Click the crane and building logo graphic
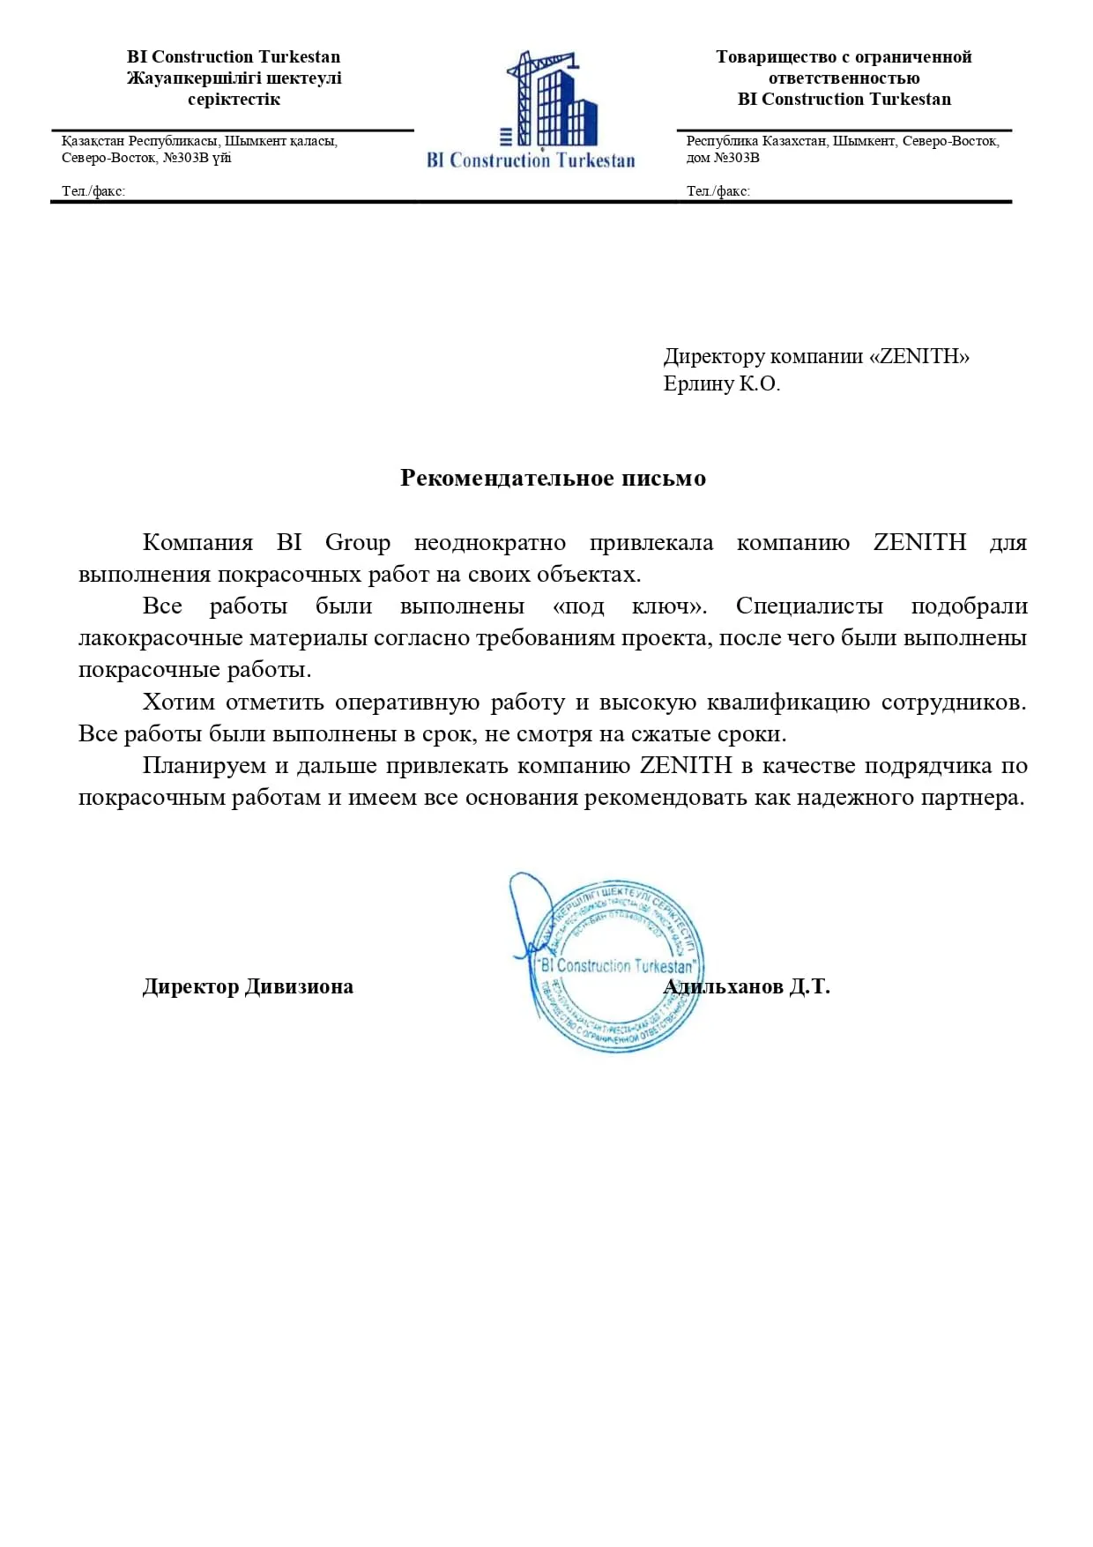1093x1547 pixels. pos(552,100)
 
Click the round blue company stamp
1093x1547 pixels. pos(617,965)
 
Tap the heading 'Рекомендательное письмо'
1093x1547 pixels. pos(553,478)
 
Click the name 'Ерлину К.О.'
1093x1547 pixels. pos(722,383)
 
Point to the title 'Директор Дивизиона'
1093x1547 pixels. pos(248,986)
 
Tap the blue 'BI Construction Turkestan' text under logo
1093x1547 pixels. pos(531,160)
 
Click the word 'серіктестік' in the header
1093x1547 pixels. pos(234,99)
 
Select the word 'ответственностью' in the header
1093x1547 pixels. pos(844,78)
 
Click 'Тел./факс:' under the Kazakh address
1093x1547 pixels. pos(93,190)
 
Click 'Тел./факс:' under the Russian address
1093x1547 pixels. pos(718,190)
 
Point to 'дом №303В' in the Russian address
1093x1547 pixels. pos(723,158)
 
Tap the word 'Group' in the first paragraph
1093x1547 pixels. pos(357,542)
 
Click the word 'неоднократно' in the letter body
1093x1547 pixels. pos(489,542)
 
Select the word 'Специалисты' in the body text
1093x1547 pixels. pos(809,606)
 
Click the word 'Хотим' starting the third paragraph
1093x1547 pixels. pos(179,702)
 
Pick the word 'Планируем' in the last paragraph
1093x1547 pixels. pos(204,765)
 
